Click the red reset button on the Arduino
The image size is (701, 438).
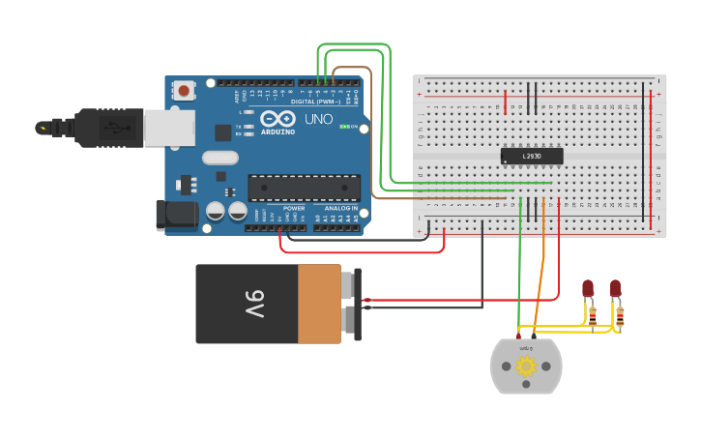(183, 91)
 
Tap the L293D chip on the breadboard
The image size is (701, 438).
(531, 156)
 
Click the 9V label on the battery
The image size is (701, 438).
(253, 304)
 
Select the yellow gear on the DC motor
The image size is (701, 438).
(526, 366)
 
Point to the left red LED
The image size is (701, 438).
(587, 288)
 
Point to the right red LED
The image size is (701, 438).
(615, 288)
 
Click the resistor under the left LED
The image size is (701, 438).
(592, 313)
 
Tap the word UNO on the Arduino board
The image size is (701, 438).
(318, 120)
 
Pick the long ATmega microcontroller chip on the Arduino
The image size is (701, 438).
(304, 188)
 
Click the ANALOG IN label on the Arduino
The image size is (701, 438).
(339, 208)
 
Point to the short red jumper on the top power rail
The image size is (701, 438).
(505, 102)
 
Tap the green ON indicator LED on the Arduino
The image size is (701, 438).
(345, 128)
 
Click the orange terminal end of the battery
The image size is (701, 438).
(319, 304)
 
